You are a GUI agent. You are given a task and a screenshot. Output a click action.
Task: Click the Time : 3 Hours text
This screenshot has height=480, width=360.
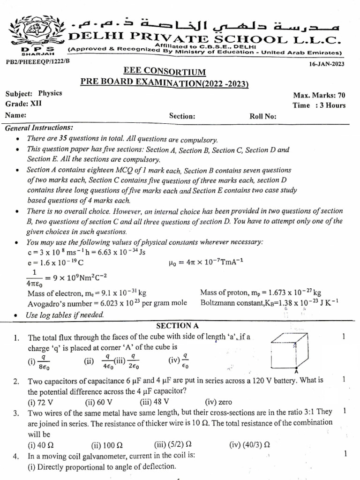click(319, 105)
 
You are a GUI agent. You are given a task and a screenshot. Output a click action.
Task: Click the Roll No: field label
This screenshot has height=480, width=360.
click(263, 116)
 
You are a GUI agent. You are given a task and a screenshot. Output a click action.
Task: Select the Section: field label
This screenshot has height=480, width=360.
click(182, 116)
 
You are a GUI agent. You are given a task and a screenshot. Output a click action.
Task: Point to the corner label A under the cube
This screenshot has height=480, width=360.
click(298, 371)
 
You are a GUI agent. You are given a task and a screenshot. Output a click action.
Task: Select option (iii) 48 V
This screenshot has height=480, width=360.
click(154, 402)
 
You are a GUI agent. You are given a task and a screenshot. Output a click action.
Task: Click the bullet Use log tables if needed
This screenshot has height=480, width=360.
click(65, 315)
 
